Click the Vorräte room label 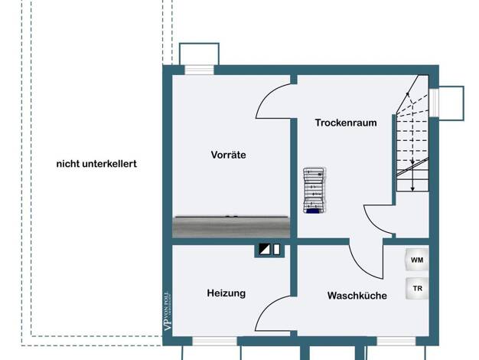[228, 155]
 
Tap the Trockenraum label [346, 123]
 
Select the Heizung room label [226, 293]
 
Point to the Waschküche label [357, 295]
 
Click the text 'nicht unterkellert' [96, 164]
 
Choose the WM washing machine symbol [416, 260]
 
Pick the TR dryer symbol [417, 289]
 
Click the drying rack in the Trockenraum [313, 189]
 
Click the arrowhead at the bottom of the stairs [413, 188]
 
